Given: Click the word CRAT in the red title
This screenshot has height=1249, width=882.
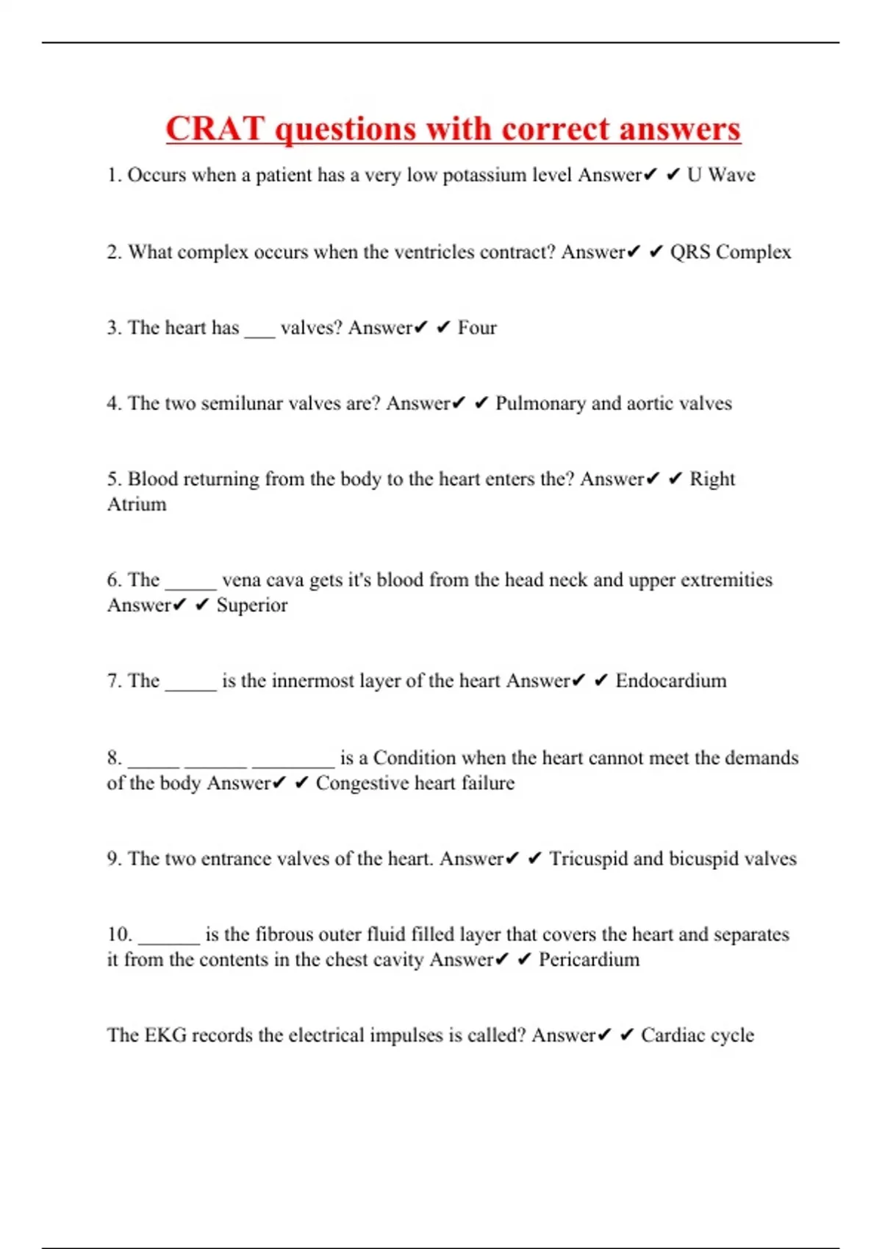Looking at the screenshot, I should (x=214, y=129).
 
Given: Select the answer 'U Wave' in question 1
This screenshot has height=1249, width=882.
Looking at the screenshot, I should (x=721, y=175).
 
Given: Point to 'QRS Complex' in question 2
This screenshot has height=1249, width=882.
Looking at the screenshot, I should (x=731, y=252).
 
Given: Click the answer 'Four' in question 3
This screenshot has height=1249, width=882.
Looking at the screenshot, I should (x=477, y=328).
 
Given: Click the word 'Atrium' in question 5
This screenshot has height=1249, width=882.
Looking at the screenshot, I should (x=137, y=505).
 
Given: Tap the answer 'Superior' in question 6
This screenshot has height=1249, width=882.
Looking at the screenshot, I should (x=252, y=606).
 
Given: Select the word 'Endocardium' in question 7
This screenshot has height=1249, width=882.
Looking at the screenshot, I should (x=671, y=681).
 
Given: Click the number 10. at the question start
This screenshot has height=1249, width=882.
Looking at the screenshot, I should (x=119, y=935).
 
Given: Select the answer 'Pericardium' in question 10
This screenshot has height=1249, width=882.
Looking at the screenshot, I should (x=589, y=960).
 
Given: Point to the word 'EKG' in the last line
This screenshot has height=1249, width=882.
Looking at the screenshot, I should (x=165, y=1035).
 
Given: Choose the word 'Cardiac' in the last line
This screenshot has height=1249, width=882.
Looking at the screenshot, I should (x=673, y=1035).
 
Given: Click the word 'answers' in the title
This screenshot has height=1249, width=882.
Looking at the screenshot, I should (x=679, y=129).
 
